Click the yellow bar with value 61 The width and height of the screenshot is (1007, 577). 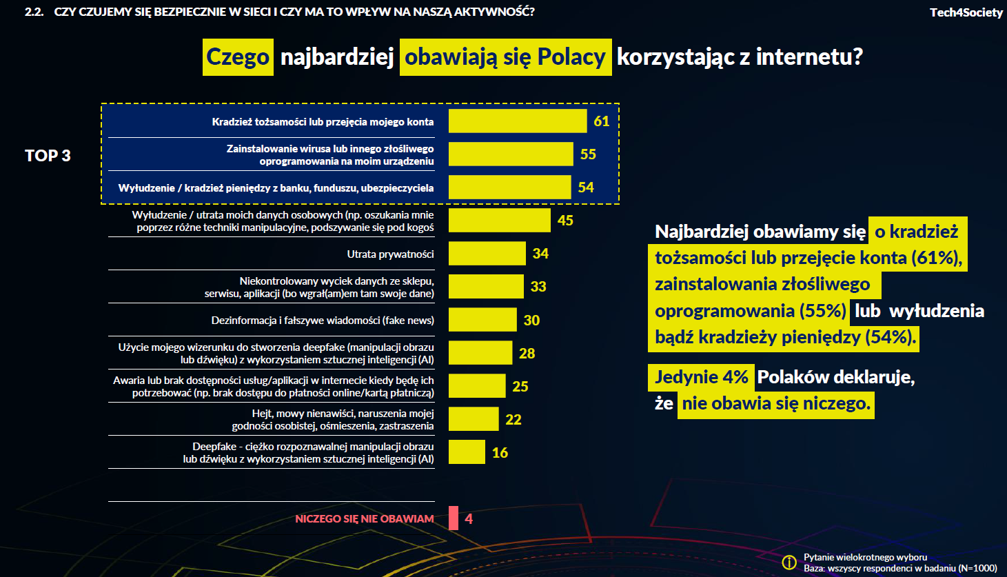(x=517, y=121)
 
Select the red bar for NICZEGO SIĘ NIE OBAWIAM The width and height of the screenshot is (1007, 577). (x=454, y=518)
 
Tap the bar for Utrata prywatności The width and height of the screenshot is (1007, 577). (x=487, y=254)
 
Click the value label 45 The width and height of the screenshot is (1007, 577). (x=565, y=221)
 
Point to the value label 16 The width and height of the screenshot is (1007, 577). (x=500, y=453)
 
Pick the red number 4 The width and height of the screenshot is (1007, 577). (x=469, y=519)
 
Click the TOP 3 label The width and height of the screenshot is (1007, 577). (x=48, y=156)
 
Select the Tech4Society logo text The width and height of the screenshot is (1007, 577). (x=966, y=12)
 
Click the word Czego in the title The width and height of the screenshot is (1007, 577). (x=238, y=57)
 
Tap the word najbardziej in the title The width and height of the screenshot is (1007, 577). (x=337, y=57)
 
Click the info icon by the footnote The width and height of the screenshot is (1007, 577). (x=789, y=563)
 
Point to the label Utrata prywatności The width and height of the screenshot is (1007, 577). (x=390, y=254)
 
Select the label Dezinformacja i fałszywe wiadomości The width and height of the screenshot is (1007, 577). (x=323, y=321)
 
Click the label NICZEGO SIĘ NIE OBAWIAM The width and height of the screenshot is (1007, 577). (x=365, y=519)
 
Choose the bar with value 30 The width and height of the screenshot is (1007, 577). (x=482, y=320)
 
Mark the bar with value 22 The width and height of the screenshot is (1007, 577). (x=473, y=419)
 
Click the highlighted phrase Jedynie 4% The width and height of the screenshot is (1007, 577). (x=701, y=377)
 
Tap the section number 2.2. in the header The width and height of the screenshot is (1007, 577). (x=34, y=12)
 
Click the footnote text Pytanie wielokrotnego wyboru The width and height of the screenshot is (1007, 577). (x=865, y=557)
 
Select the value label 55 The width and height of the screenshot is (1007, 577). (x=588, y=154)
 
